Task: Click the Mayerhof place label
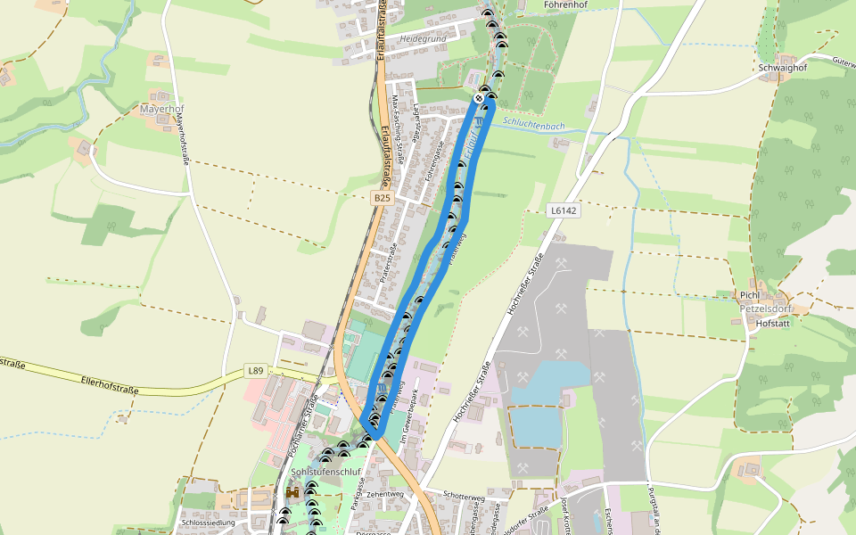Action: point(161,109)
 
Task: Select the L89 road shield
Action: point(257,370)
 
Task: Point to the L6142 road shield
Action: point(564,211)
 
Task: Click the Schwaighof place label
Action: point(781,68)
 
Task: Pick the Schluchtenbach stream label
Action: point(534,126)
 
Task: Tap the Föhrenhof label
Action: point(564,4)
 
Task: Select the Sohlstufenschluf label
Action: point(325,472)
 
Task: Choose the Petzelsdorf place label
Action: point(765,309)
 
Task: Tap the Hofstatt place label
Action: point(773,324)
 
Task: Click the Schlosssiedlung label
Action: point(207,523)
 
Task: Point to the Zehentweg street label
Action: point(385,493)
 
